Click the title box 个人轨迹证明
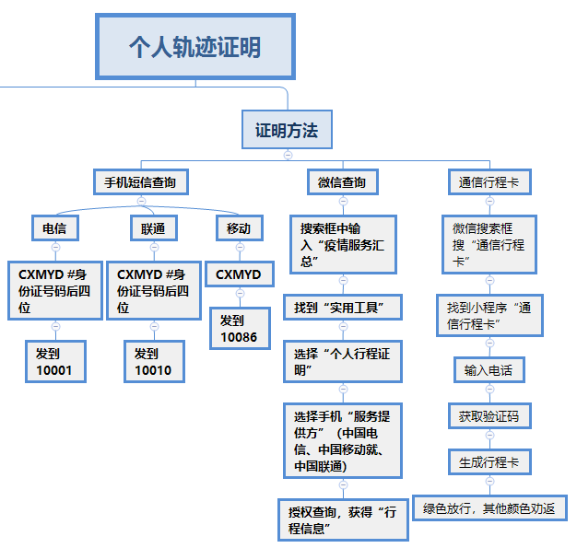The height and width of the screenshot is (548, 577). click(194, 46)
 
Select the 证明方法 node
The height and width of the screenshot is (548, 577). click(287, 131)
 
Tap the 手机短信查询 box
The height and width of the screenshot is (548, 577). click(140, 181)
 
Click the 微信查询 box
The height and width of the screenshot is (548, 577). click(342, 182)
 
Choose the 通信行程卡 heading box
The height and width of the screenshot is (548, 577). click(489, 182)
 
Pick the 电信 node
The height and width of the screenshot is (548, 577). click(54, 227)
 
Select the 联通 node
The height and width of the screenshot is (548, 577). click(153, 227)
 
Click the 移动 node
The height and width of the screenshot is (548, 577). click(239, 227)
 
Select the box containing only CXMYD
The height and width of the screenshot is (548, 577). click(239, 274)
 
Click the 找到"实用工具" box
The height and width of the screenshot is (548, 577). click(342, 306)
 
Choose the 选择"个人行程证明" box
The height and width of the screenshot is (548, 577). click(342, 360)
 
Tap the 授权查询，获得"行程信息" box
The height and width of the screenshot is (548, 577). click(342, 520)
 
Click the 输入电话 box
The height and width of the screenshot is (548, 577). click(489, 370)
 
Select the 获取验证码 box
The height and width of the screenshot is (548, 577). click(489, 416)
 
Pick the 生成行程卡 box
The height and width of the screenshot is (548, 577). click(489, 461)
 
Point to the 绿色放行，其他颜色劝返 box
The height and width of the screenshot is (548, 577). click(489, 507)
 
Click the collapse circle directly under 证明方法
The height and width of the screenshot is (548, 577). click(288, 155)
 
